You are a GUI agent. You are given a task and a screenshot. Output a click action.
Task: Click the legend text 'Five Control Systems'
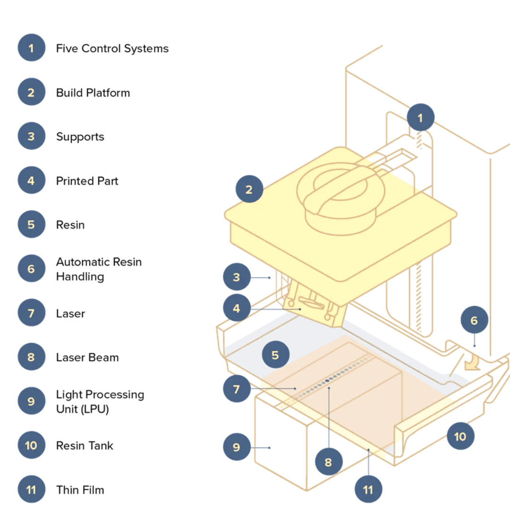(x=112, y=49)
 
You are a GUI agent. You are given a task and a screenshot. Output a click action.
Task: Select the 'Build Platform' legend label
(x=93, y=93)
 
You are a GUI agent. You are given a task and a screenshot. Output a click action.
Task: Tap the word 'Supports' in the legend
(x=80, y=137)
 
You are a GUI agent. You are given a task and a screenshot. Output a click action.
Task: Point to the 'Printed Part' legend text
(x=87, y=181)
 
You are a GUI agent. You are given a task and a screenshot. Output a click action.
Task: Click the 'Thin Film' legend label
(x=80, y=490)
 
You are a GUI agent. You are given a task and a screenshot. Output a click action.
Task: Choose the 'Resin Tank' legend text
(x=85, y=445)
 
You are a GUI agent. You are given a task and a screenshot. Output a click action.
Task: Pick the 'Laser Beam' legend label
(x=87, y=357)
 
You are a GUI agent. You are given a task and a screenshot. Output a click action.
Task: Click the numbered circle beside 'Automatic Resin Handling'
(x=31, y=269)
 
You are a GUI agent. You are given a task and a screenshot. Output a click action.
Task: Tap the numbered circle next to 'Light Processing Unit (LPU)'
(x=31, y=401)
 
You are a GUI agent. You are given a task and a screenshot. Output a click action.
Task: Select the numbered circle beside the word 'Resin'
(x=31, y=224)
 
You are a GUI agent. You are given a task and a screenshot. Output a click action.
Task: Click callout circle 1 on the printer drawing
(x=420, y=118)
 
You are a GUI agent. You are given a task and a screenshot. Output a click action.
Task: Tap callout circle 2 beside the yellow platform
(x=249, y=189)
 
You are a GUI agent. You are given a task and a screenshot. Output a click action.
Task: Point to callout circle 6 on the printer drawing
(x=474, y=321)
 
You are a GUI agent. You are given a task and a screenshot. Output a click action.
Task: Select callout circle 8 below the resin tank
(x=328, y=462)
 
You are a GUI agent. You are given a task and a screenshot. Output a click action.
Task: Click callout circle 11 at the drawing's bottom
(x=368, y=489)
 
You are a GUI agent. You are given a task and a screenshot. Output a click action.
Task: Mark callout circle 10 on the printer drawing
(x=460, y=436)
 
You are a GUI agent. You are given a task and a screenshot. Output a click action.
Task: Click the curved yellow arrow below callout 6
(x=471, y=363)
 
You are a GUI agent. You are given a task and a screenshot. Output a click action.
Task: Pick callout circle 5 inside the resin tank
(x=275, y=355)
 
